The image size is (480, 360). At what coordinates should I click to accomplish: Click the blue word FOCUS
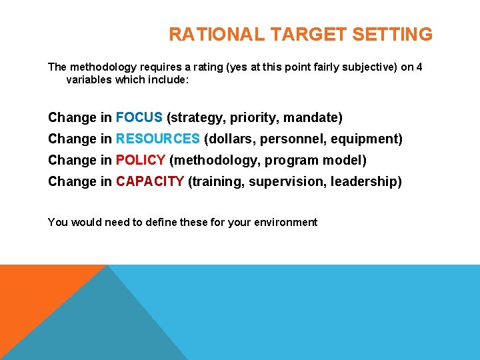[x=139, y=118]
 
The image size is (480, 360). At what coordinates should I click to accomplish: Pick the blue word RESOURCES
[x=158, y=139]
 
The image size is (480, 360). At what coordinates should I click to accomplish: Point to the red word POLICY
[x=141, y=161]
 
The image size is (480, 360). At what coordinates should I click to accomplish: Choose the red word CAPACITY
[x=150, y=182]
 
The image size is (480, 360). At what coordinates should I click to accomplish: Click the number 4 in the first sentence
[x=419, y=67]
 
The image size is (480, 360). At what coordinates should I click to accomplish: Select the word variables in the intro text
[x=89, y=80]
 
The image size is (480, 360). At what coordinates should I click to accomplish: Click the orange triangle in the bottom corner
[x=33, y=300]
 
